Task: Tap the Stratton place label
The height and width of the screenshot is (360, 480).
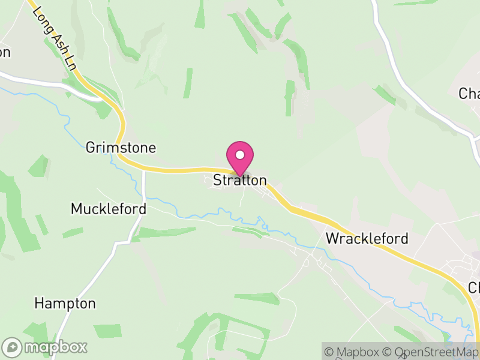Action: [240, 180]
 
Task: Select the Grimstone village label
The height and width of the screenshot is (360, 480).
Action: [121, 148]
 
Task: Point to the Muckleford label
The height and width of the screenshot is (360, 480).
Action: [109, 209]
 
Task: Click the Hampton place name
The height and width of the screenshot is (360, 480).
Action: [65, 303]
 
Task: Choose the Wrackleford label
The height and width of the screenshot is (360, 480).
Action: [367, 238]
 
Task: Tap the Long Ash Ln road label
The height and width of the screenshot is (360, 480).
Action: [55, 39]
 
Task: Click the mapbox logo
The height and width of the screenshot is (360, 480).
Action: [45, 347]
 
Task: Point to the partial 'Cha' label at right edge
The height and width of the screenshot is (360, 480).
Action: [469, 94]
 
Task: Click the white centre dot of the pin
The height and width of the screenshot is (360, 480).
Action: [240, 155]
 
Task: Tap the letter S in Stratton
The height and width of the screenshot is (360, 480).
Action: [218, 180]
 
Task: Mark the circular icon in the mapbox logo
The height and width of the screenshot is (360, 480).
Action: [13, 347]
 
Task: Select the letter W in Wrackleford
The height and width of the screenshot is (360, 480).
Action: [332, 238]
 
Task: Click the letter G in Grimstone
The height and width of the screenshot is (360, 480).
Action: [91, 148]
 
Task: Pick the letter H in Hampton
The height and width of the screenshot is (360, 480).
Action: [39, 303]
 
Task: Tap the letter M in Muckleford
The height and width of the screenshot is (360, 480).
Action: [76, 209]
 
